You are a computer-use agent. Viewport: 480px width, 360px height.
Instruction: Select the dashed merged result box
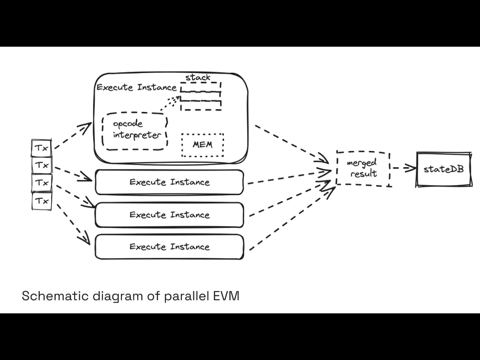click(x=363, y=168)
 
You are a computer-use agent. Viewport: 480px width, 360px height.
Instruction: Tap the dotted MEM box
click(x=203, y=144)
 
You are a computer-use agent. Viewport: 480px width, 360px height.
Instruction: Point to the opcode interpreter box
click(x=135, y=131)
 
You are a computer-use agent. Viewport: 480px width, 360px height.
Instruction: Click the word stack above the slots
click(x=198, y=77)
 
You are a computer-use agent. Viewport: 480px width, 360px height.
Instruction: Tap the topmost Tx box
click(x=42, y=148)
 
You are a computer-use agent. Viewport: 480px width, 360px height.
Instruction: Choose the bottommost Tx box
click(x=42, y=201)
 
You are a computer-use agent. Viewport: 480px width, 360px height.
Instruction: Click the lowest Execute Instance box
click(x=169, y=247)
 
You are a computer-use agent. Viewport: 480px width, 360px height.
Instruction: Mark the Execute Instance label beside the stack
click(x=136, y=88)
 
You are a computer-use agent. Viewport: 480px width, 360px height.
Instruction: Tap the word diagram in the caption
click(x=116, y=296)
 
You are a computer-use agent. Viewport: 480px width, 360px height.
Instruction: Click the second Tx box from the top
click(x=42, y=165)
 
